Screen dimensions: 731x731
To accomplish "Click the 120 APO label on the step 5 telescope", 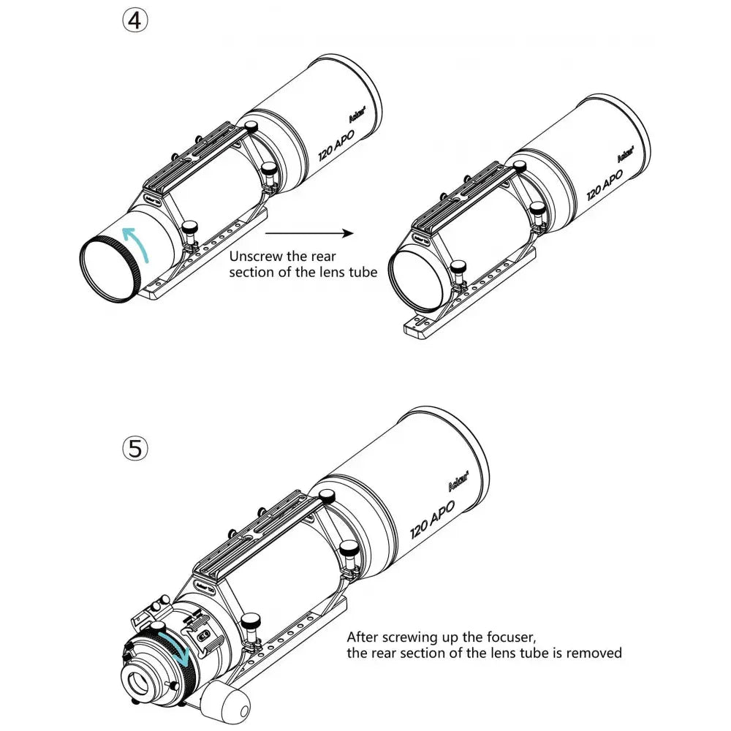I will [x=432, y=520].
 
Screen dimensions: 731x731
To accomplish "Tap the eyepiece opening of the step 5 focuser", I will [x=137, y=684].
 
